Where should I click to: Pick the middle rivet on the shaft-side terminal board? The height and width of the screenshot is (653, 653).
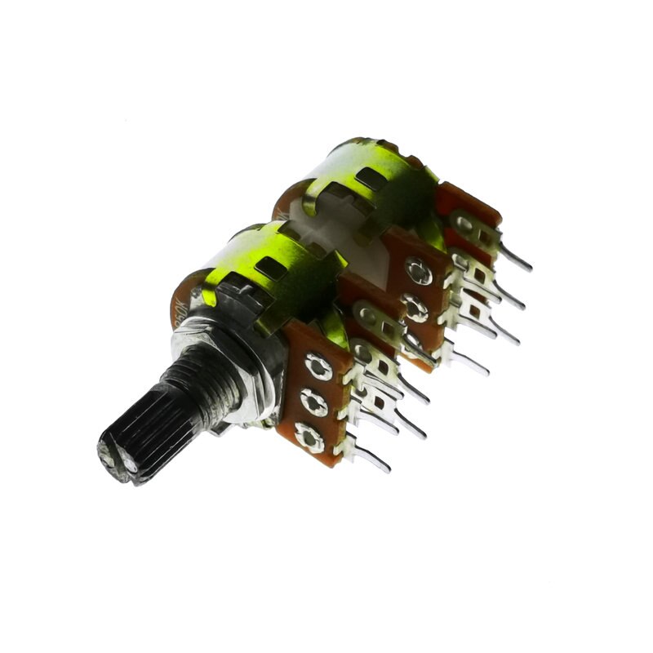(313, 402)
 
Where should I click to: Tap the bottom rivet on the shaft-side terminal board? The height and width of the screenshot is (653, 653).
(309, 438)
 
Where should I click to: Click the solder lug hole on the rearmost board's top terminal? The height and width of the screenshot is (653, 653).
(464, 221)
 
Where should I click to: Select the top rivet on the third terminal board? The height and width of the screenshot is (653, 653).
(419, 269)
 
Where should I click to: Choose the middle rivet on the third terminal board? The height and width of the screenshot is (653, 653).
(415, 307)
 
